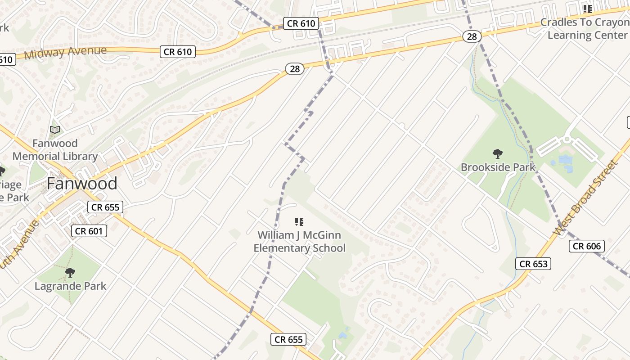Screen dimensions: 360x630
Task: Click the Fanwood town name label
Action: coord(82,184)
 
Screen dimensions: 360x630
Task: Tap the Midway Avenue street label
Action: coord(65,52)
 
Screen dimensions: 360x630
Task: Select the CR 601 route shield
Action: coord(89,231)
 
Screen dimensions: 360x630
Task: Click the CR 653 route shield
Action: coord(533,264)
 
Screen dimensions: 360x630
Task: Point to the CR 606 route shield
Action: coord(587,246)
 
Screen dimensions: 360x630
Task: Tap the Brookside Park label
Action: coord(498,167)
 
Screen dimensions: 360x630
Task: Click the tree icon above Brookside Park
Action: coord(497,154)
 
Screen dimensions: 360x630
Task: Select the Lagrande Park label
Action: coord(71,286)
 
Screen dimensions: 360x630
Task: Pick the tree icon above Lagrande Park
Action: coord(70,272)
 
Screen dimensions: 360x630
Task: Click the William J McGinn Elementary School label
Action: coord(299,242)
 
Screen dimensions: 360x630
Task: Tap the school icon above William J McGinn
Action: coord(299,221)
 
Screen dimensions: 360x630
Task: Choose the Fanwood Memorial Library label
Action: coord(55,150)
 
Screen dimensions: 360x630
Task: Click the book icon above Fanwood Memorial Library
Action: coord(55,130)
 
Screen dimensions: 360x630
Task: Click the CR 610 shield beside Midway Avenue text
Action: coord(178,52)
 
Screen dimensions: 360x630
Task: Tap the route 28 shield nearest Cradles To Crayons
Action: coord(472,36)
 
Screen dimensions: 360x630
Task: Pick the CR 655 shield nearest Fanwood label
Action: coord(105,207)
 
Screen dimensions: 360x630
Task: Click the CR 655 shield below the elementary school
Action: coord(288,339)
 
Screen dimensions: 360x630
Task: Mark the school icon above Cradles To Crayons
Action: coord(587,9)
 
